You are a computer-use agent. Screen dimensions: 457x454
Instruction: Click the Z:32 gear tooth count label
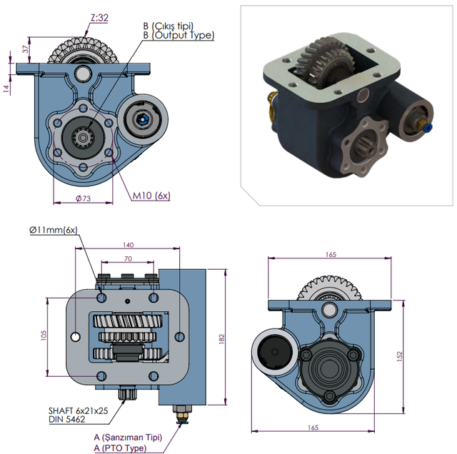point(99,18)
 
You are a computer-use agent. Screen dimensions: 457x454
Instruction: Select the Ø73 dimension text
point(84,198)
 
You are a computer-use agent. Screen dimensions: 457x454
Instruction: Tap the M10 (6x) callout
point(151,196)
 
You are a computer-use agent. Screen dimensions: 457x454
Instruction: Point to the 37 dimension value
point(26,49)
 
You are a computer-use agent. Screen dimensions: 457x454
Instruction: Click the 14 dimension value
point(6,89)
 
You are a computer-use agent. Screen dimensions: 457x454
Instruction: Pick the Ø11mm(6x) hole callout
point(54,230)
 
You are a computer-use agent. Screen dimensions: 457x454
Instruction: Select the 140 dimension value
point(128,245)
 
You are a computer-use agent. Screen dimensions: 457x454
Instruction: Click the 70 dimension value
point(128,258)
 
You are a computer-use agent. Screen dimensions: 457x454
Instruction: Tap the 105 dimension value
point(44,336)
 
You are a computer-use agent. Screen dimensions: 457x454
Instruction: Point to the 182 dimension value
point(221,339)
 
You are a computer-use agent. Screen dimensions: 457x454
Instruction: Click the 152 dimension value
point(399,356)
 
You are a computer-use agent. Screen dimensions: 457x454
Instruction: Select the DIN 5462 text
point(67,419)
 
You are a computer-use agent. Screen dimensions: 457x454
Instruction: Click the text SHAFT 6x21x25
point(78,411)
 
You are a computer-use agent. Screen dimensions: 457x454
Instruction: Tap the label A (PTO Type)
point(120,448)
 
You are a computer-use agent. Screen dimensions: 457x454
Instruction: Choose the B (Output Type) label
point(179,35)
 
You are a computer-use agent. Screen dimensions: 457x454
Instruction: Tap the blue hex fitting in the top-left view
point(143,119)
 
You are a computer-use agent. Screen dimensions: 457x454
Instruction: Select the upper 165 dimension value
point(331,255)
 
